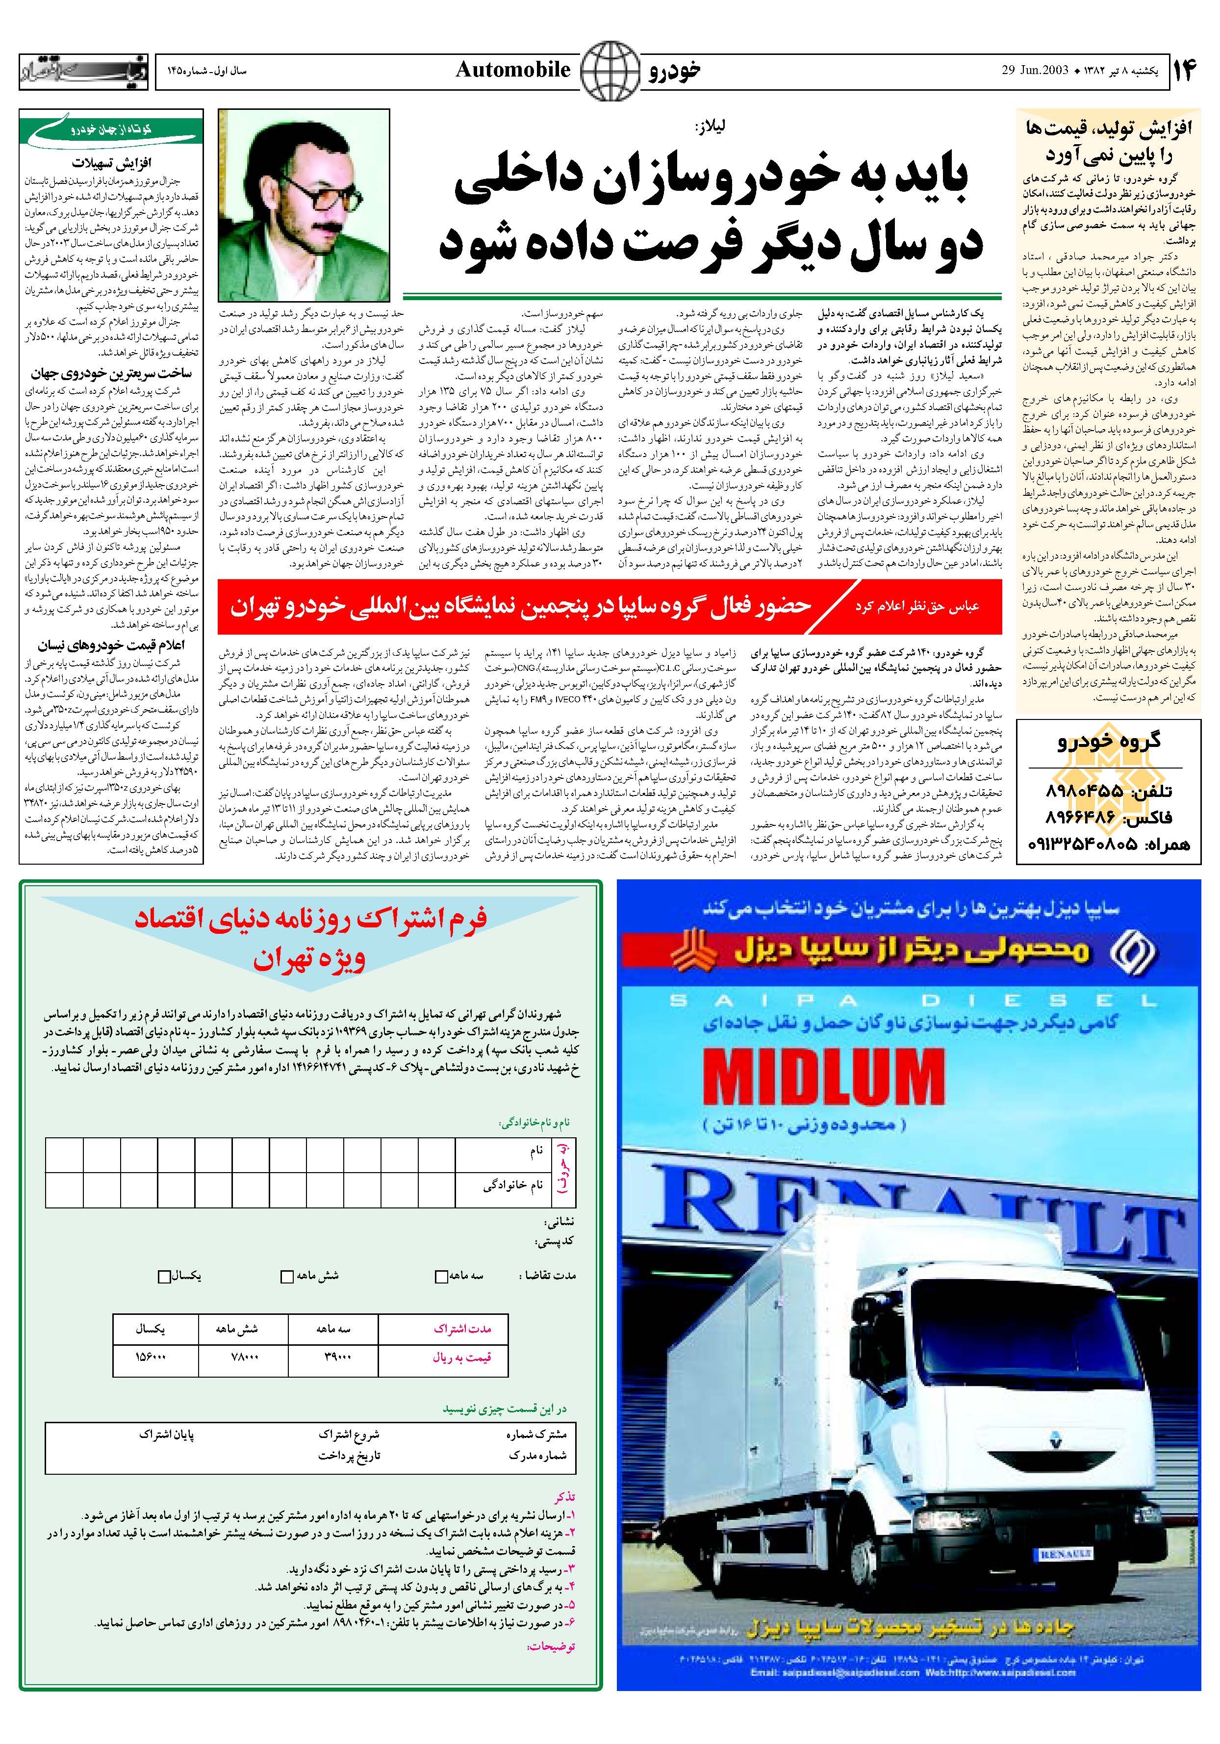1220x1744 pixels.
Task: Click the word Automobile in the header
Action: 513,70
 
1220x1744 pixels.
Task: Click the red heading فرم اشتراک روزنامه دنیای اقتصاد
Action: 311,918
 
